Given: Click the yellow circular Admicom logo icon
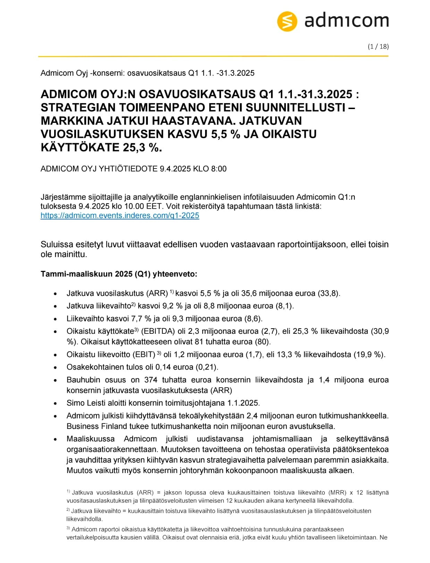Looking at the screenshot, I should [x=287, y=21].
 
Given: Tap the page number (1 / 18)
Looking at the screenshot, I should [x=378, y=47].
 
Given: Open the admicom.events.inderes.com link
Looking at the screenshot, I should [x=120, y=215].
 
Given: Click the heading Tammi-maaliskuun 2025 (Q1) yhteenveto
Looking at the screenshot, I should [x=119, y=274].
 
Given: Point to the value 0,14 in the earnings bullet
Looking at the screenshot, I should [x=163, y=367].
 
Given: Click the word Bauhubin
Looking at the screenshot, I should [x=83, y=380].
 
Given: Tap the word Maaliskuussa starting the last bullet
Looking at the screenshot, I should [x=91, y=439].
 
